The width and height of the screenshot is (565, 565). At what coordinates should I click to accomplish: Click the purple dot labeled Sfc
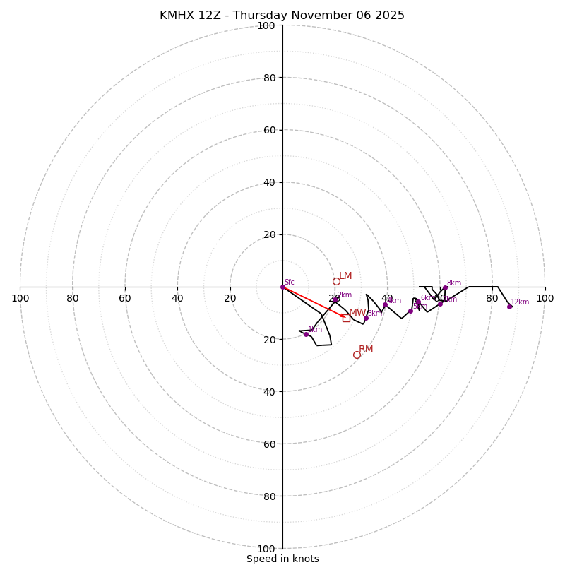coord(282,287)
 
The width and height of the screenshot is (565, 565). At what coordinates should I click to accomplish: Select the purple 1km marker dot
coord(306,334)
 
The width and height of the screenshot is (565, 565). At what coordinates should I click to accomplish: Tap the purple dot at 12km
coord(509,307)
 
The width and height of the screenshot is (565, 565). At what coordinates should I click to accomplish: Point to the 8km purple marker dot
coord(445,287)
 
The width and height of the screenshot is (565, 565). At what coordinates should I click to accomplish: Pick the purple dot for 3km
coord(366,318)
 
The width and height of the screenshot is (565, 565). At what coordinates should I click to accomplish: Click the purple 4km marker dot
coord(385,305)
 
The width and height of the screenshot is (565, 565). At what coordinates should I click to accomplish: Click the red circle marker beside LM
coord(336,281)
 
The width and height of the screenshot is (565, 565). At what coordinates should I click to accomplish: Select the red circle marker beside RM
coord(357,355)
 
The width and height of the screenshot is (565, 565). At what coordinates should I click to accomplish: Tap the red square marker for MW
coord(346,318)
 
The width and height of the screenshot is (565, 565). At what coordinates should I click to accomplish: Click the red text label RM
coord(366,350)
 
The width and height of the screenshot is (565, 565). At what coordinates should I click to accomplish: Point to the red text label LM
coord(345,276)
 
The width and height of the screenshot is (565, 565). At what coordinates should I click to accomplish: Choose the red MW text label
coord(357,313)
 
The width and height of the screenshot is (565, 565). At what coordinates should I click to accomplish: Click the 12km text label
coord(520,302)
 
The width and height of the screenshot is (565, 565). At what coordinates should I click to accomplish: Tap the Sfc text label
coord(290,282)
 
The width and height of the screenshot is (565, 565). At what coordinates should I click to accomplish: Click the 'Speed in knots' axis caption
coord(282,559)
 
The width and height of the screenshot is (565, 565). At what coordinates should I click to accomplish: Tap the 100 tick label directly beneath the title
coord(266,25)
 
